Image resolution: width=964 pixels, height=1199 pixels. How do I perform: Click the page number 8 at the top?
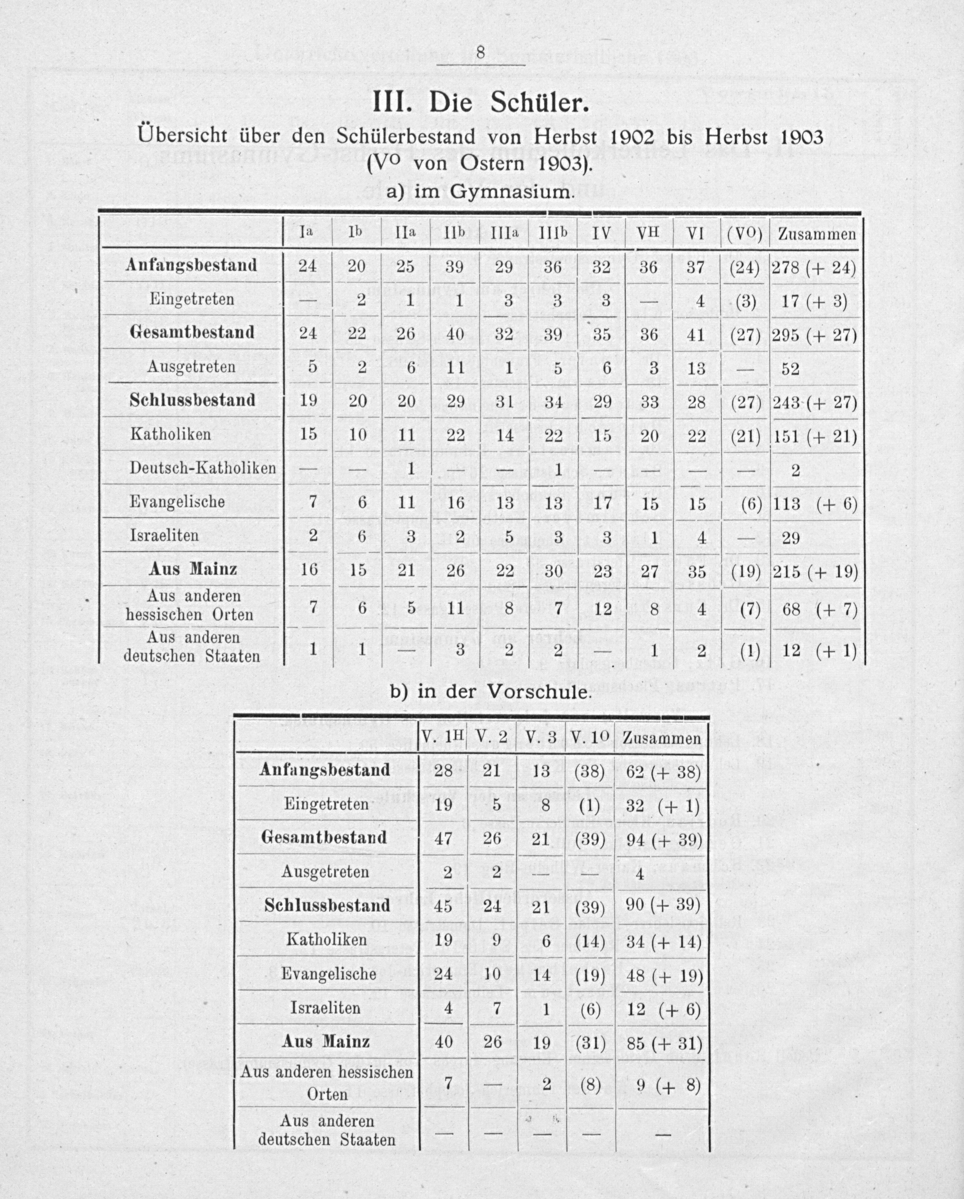(481, 52)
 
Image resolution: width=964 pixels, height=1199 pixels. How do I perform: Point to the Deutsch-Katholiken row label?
(202, 468)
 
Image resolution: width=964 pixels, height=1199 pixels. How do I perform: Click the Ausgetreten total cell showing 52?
(790, 368)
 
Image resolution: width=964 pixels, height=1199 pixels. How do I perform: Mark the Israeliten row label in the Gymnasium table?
(164, 536)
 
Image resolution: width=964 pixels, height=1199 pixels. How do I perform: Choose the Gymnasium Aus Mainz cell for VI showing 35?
(697, 571)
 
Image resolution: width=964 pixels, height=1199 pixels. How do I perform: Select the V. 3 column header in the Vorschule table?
(541, 738)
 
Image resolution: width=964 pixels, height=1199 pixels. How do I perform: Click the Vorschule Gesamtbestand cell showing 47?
(443, 838)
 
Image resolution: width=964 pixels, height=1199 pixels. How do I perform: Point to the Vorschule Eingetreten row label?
(326, 804)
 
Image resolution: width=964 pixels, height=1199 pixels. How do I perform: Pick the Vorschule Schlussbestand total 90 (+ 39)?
(663, 905)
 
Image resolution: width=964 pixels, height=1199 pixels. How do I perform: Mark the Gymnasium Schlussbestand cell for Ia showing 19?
(308, 401)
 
